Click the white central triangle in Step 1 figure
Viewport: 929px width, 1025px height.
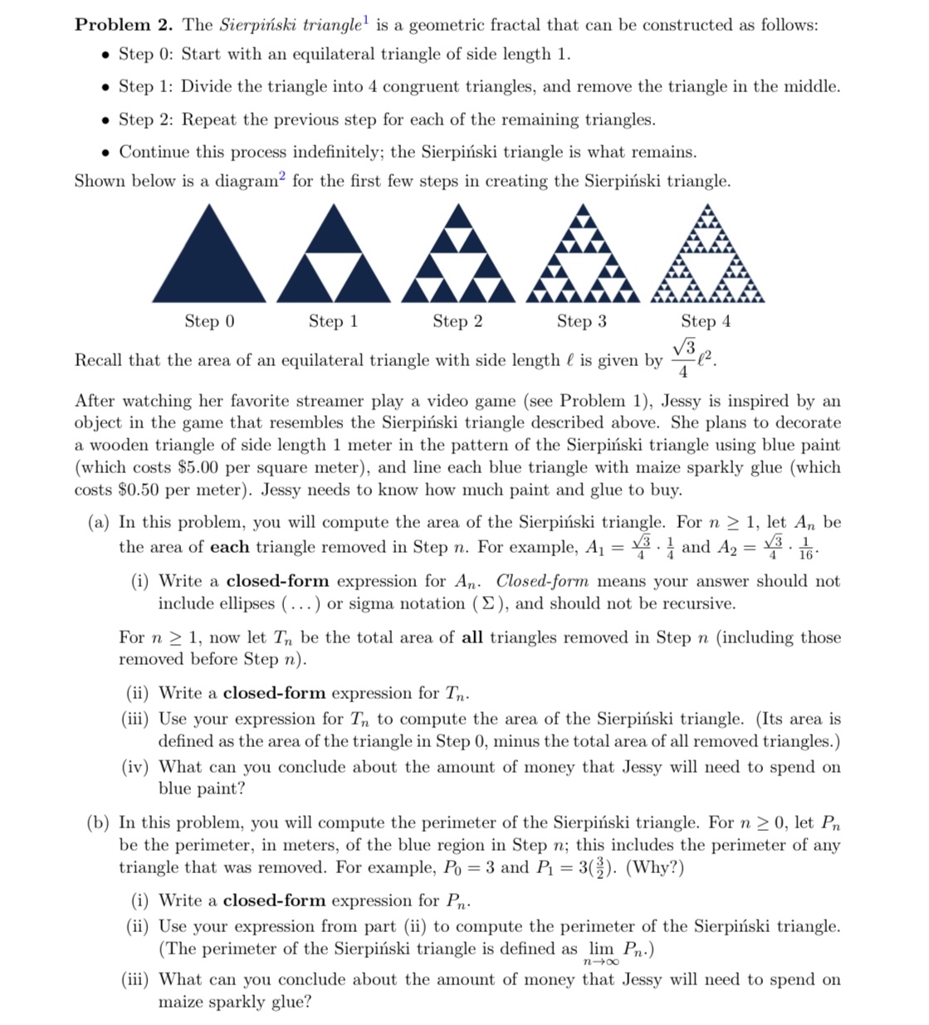click(333, 276)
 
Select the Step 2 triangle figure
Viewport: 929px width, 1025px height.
click(457, 257)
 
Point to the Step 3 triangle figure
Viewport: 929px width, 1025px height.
click(582, 257)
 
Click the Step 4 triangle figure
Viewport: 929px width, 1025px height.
click(707, 257)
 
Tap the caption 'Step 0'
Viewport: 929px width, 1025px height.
click(209, 321)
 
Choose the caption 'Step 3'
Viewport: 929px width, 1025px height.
click(581, 321)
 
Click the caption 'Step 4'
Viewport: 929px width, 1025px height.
click(706, 321)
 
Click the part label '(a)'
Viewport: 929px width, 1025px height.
click(99, 523)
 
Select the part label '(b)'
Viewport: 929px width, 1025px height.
click(99, 822)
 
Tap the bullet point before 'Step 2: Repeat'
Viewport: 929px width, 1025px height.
click(105, 120)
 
